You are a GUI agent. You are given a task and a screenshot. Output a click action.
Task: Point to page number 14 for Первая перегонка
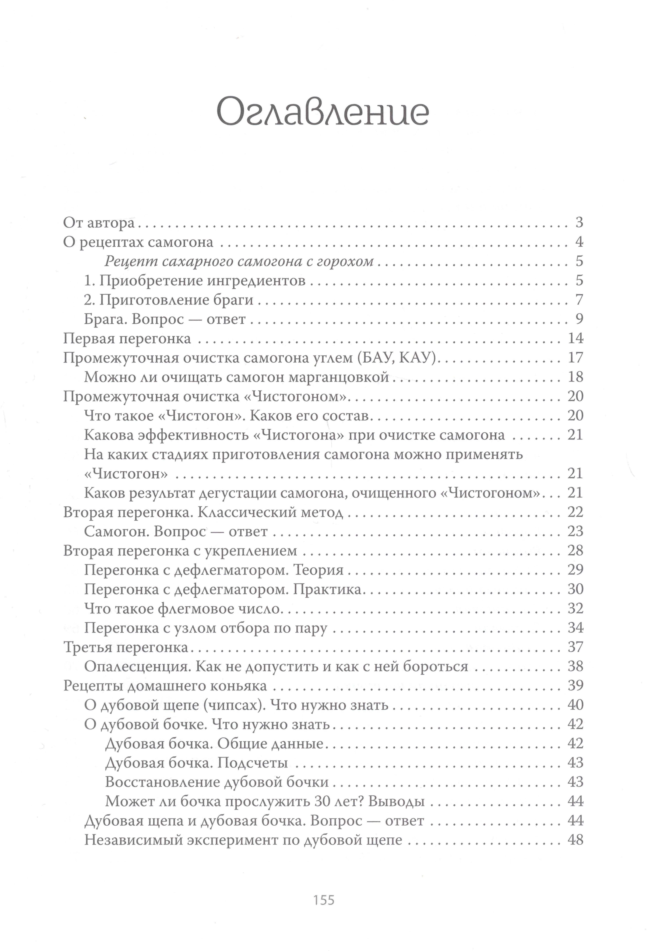pyautogui.click(x=576, y=339)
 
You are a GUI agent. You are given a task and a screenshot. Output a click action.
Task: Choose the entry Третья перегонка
pyautogui.click(x=126, y=647)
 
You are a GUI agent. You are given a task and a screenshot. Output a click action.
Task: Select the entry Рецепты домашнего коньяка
pyautogui.click(x=165, y=686)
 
